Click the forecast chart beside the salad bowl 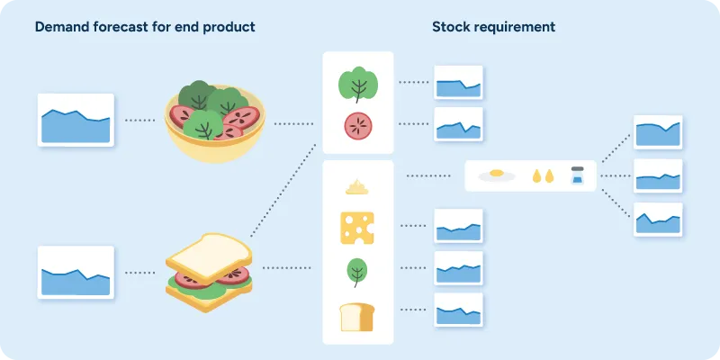[76, 119]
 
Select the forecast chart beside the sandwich [76, 272]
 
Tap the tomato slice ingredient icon [358, 126]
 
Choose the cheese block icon [357, 228]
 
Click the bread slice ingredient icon [357, 317]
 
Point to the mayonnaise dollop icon [357, 186]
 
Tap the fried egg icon [496, 175]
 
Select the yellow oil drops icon [543, 175]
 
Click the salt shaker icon [578, 175]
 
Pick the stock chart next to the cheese [459, 226]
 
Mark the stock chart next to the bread [459, 310]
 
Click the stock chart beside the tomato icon [459, 125]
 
